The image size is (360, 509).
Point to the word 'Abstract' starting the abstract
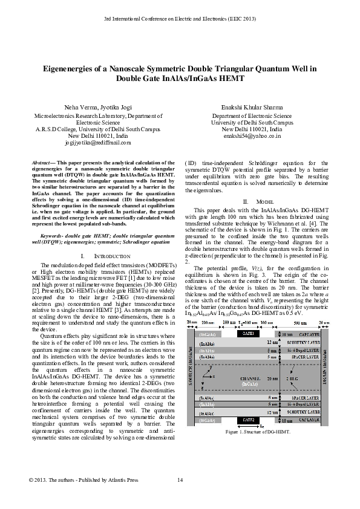41,164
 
